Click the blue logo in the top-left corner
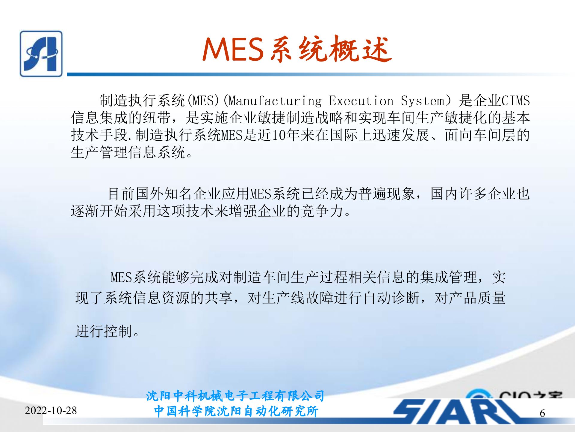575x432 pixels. tap(41, 54)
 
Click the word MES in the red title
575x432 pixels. tap(233, 49)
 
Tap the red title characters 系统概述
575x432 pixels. tap(331, 49)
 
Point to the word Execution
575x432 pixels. tap(361, 101)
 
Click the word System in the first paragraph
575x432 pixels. tap(423, 101)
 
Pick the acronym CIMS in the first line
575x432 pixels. tap(515, 100)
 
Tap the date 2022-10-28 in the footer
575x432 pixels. tap(51, 410)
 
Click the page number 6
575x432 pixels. tap(542, 413)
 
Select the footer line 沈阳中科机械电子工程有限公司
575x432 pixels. tap(235, 396)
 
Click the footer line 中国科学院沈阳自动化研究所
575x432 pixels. tap(236, 411)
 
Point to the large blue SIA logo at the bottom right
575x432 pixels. tap(458, 411)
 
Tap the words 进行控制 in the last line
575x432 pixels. tap(104, 331)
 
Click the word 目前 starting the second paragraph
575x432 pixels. tap(121, 194)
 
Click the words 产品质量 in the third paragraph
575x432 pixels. tap(477, 298)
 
